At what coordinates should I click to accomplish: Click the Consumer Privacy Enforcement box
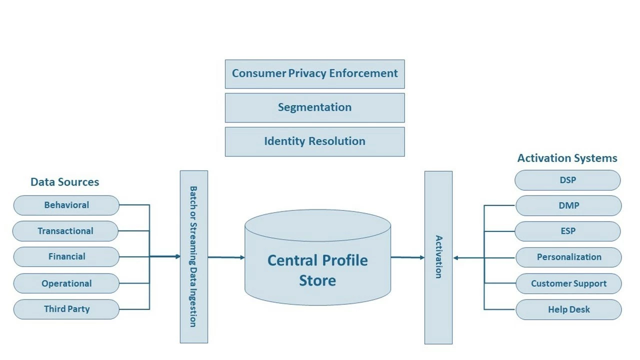(x=314, y=74)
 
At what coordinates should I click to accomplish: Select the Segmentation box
(x=314, y=107)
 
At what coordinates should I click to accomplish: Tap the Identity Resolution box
(x=314, y=141)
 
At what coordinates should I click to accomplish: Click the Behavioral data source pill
(x=66, y=205)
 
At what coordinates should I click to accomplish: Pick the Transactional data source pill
(x=65, y=231)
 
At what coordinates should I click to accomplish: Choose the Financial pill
(x=66, y=256)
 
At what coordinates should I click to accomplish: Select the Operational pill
(x=66, y=283)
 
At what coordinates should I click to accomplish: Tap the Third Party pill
(x=66, y=309)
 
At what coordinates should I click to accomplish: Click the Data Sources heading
(x=64, y=182)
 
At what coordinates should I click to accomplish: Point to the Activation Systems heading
(x=567, y=158)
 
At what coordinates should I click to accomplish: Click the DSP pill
(x=567, y=180)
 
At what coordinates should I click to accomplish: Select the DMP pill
(x=568, y=205)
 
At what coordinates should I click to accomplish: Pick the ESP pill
(x=567, y=231)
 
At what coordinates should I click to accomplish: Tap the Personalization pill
(x=568, y=257)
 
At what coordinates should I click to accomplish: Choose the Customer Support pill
(x=568, y=283)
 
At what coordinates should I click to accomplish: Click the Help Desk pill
(x=568, y=309)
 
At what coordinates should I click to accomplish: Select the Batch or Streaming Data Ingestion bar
(x=193, y=257)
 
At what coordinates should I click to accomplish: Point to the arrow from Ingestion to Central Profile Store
(x=226, y=257)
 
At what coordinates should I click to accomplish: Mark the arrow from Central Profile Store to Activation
(x=407, y=257)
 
